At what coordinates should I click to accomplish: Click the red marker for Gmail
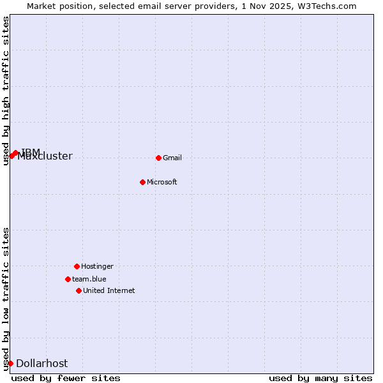(158, 158)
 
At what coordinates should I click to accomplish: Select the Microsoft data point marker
(143, 182)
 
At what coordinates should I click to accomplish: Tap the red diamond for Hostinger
(77, 266)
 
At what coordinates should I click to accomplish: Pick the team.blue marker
(68, 279)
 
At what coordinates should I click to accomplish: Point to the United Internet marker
(79, 290)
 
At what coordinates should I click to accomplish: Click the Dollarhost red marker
(10, 363)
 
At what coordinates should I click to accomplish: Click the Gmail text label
(172, 158)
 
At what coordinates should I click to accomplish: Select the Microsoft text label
(162, 182)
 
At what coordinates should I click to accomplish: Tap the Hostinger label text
(97, 266)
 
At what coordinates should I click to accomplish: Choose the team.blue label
(89, 279)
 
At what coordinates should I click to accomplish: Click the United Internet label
(109, 290)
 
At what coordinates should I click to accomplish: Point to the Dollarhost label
(42, 363)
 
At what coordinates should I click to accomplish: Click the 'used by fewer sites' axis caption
(66, 378)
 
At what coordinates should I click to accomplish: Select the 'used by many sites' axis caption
(320, 378)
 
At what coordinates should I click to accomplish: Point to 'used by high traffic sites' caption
(6, 91)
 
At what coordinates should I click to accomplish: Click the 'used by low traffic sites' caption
(6, 299)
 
